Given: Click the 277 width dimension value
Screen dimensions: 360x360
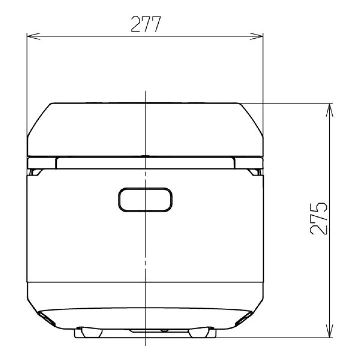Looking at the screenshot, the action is click(146, 24).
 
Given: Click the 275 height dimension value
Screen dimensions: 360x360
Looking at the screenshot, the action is click(318, 219).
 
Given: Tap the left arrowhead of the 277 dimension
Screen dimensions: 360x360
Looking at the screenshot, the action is click(34, 36).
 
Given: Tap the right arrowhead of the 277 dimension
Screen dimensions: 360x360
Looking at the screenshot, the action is click(256, 36).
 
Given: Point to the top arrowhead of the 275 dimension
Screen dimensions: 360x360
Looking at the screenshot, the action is click(330, 110).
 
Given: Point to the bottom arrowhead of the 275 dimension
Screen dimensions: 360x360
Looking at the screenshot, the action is click(330, 331).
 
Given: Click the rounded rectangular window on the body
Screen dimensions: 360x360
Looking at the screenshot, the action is click(145, 199).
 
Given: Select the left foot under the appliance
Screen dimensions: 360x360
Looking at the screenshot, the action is click(92, 332).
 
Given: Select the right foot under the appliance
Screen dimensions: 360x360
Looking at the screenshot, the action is click(199, 332).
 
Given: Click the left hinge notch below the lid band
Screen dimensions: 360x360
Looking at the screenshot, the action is click(35, 172).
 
